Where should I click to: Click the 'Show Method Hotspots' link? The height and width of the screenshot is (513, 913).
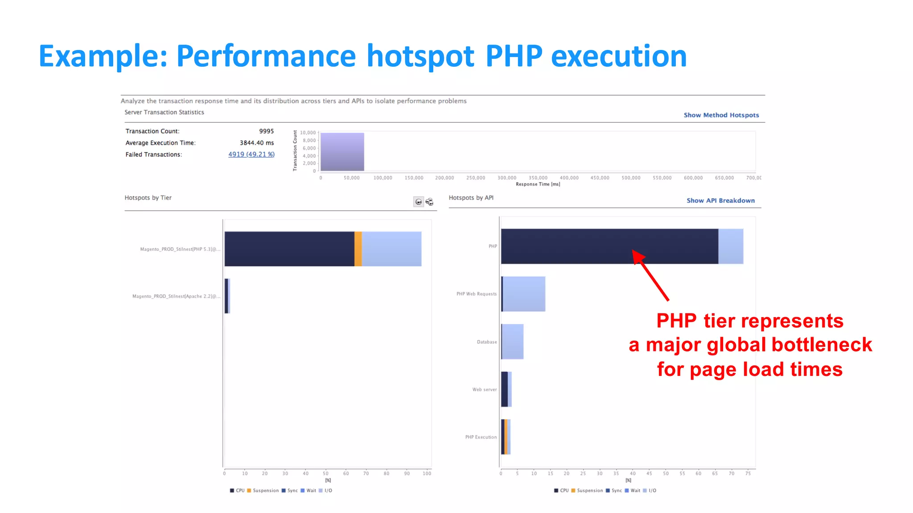coord(721,115)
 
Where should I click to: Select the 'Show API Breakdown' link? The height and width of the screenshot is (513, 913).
coord(720,200)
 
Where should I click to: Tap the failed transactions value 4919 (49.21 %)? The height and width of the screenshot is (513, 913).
coord(251,154)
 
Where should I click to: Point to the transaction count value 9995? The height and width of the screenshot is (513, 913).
coord(266,131)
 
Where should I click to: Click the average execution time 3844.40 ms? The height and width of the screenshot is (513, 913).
coord(256,142)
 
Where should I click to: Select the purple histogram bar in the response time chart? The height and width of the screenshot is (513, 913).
coord(342,152)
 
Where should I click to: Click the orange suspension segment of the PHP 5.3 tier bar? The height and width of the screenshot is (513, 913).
coord(358,248)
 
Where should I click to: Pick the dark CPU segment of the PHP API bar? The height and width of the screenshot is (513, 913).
coord(609,246)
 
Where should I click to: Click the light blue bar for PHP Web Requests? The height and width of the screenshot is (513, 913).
coord(524,294)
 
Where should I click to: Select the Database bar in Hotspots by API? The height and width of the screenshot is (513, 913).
coord(512,342)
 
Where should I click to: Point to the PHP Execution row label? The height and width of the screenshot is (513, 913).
coord(481,437)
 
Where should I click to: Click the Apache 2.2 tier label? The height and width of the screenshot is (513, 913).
coord(176,296)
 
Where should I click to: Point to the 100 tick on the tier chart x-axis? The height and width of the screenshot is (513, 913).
coord(427,473)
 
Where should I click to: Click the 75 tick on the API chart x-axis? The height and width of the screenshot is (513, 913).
coord(748,473)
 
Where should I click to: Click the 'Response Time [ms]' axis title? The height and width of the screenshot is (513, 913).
coord(538,184)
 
